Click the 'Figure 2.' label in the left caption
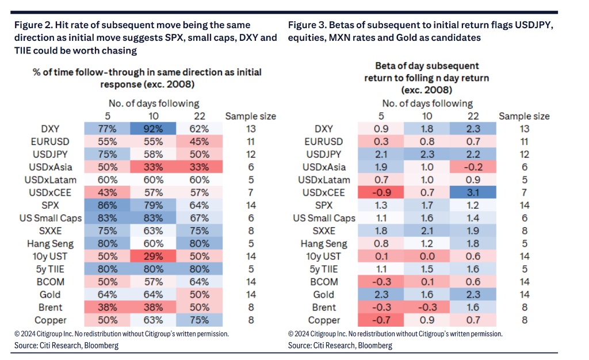click(32, 25)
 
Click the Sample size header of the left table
click(250, 116)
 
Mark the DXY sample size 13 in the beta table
click(524, 129)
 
